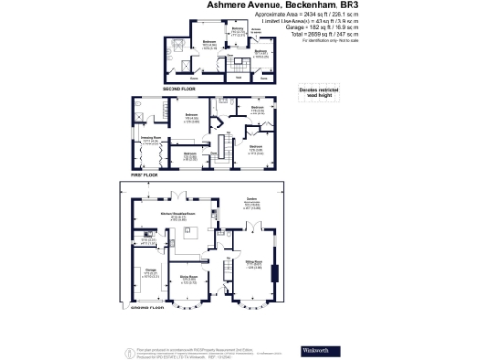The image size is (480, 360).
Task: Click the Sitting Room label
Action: [253, 264]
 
